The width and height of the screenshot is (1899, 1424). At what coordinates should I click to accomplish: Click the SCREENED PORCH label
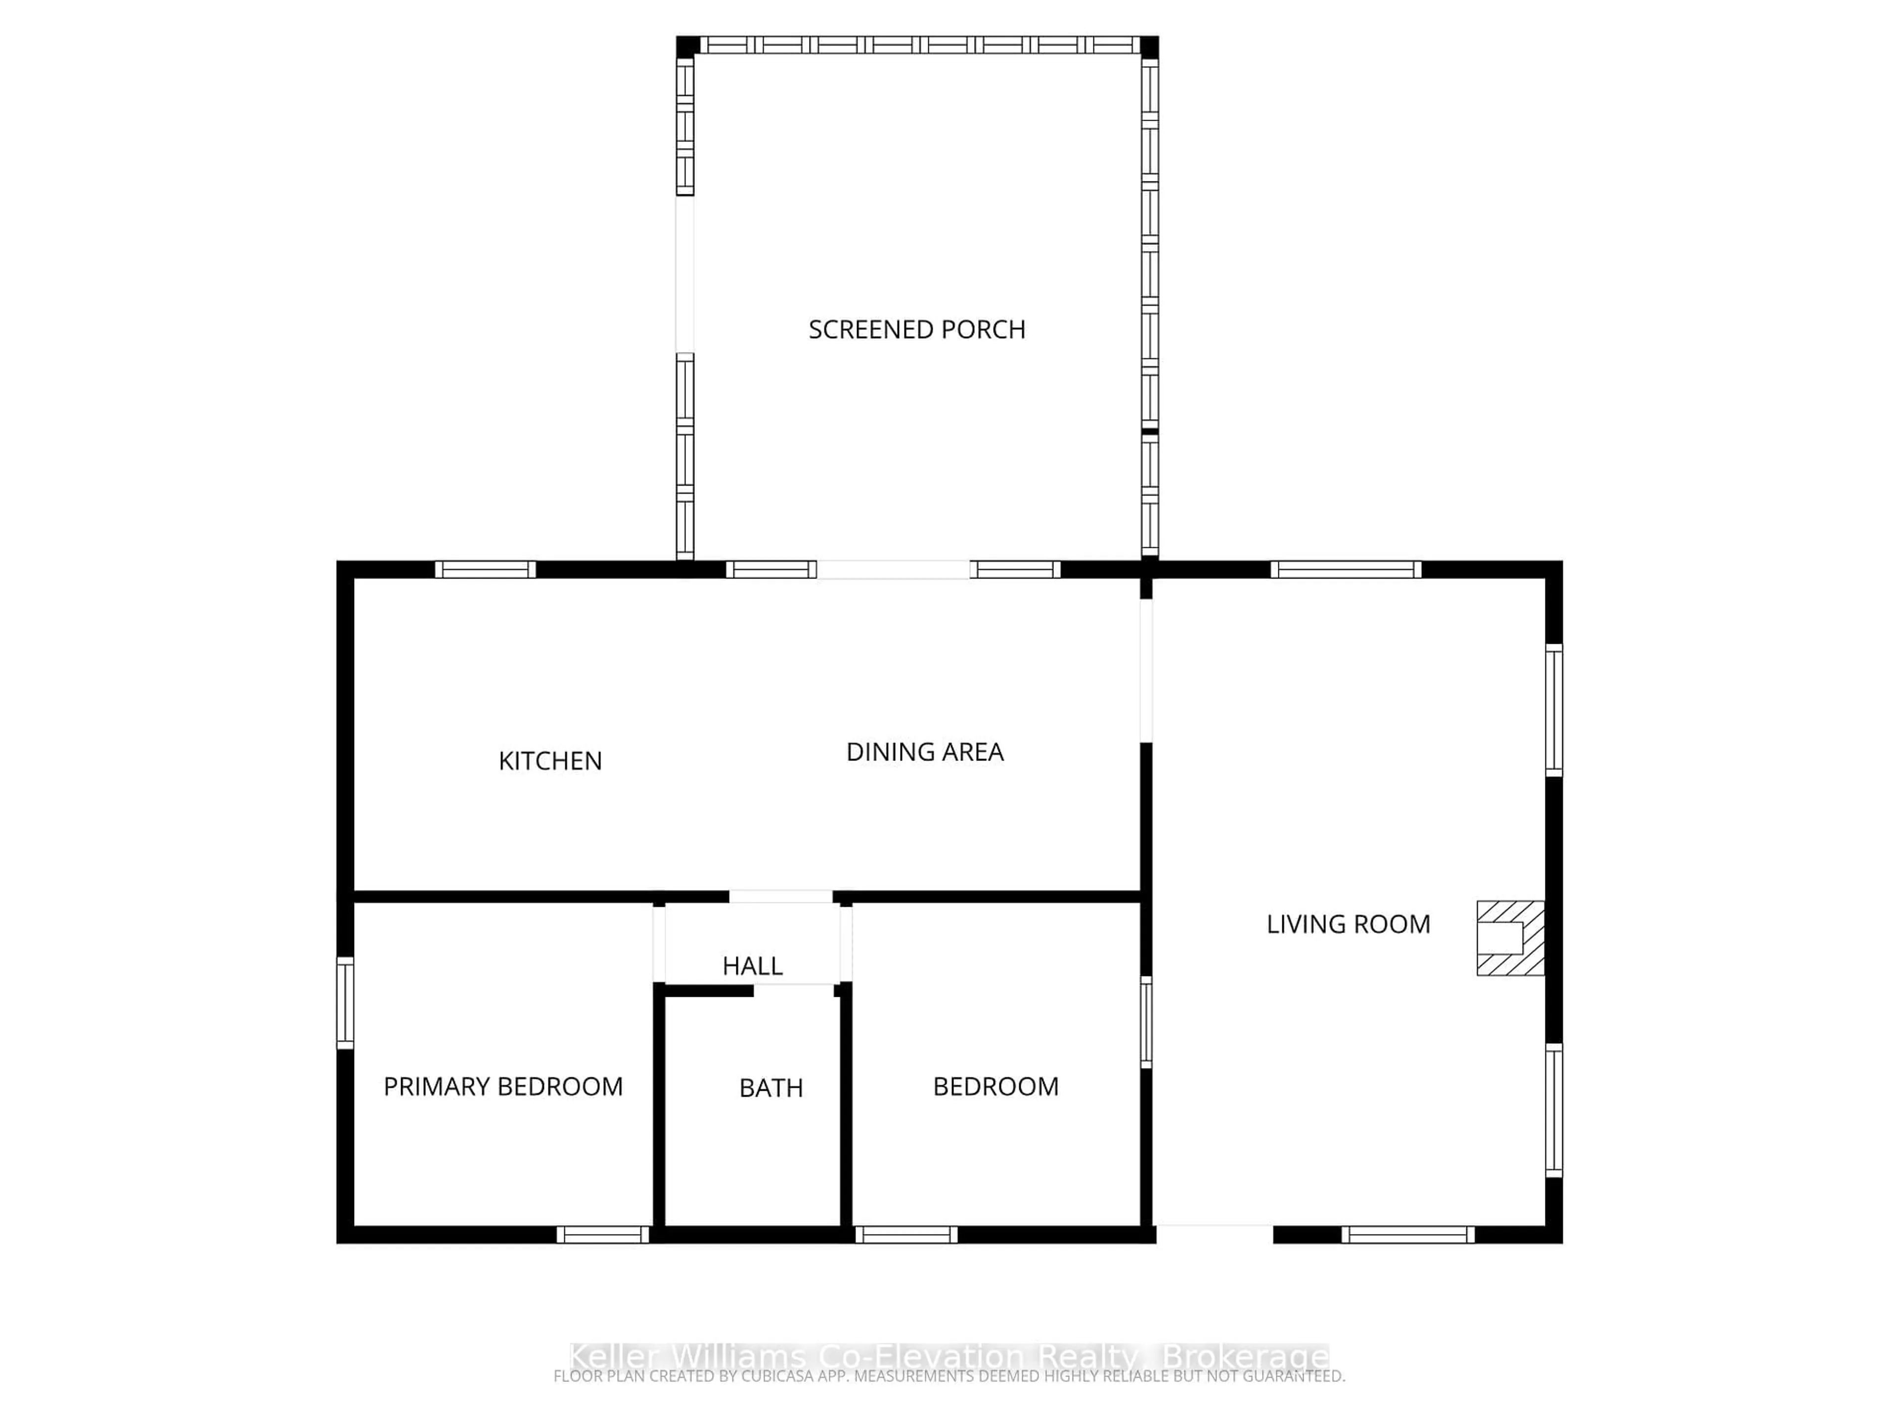pyautogui.click(x=917, y=330)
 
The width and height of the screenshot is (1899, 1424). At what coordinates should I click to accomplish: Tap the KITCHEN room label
pyautogui.click(x=550, y=760)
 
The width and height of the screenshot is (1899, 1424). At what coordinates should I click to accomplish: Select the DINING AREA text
pyautogui.click(x=925, y=752)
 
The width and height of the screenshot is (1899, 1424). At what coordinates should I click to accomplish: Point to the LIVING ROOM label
pyautogui.click(x=1348, y=925)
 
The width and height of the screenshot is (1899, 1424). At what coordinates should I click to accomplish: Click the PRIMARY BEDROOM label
pyautogui.click(x=503, y=1087)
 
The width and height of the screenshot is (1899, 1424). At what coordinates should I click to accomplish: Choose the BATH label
pyautogui.click(x=771, y=1088)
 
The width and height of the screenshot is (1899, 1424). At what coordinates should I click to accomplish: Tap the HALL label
pyautogui.click(x=752, y=967)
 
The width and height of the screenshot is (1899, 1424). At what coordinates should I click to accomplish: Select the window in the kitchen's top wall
pyautogui.click(x=485, y=569)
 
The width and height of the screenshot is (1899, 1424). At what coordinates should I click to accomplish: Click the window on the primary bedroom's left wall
pyautogui.click(x=345, y=1003)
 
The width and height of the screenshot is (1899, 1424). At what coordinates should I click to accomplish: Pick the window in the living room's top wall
pyautogui.click(x=1345, y=569)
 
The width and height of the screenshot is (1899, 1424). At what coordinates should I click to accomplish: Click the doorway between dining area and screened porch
pyautogui.click(x=893, y=569)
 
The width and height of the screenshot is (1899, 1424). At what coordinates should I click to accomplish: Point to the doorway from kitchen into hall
pyautogui.click(x=780, y=897)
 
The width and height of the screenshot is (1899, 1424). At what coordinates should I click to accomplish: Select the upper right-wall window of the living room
pyautogui.click(x=1554, y=710)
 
